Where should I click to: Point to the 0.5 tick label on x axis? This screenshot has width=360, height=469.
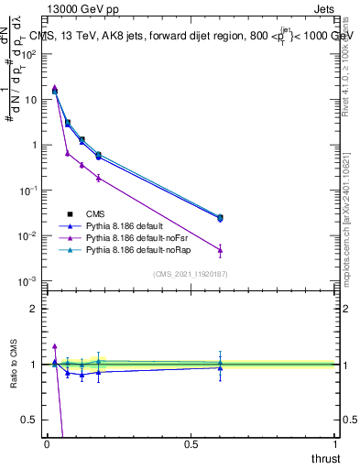point(191,443)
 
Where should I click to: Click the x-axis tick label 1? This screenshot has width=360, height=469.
point(335,443)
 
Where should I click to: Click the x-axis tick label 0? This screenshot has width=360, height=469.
point(47,443)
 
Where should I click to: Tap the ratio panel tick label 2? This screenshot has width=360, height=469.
point(35,309)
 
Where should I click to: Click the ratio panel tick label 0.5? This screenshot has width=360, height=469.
point(31,420)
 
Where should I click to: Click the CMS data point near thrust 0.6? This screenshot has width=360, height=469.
point(220,217)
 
